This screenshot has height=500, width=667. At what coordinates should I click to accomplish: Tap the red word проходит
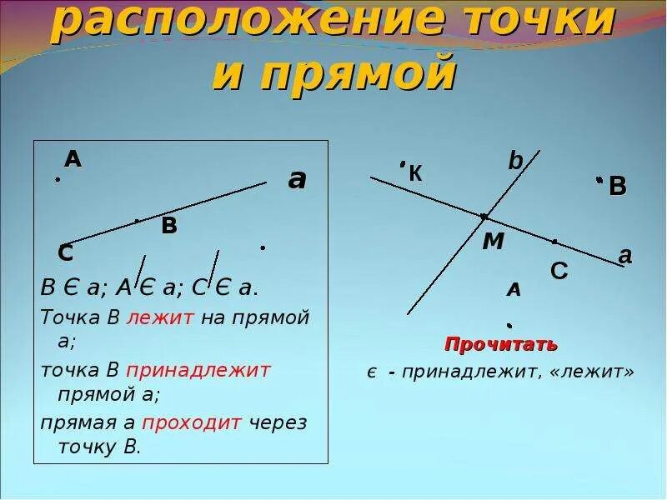click(192, 422)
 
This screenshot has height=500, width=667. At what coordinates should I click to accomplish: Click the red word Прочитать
click(501, 344)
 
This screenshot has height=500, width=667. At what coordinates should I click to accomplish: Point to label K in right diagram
click(415, 174)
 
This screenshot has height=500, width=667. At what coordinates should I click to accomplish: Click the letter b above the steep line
click(515, 161)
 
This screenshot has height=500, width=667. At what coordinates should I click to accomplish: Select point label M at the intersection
click(494, 242)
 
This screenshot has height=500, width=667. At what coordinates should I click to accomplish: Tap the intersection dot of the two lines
click(484, 217)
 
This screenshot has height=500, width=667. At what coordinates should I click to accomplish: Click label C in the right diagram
click(559, 271)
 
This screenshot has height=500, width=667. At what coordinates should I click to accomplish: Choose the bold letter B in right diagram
click(617, 187)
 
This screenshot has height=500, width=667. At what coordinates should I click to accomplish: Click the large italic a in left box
click(297, 179)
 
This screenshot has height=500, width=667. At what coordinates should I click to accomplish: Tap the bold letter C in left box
click(65, 252)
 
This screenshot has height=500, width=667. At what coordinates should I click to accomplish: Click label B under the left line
click(169, 225)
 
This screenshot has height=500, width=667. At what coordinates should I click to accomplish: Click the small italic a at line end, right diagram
click(624, 256)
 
